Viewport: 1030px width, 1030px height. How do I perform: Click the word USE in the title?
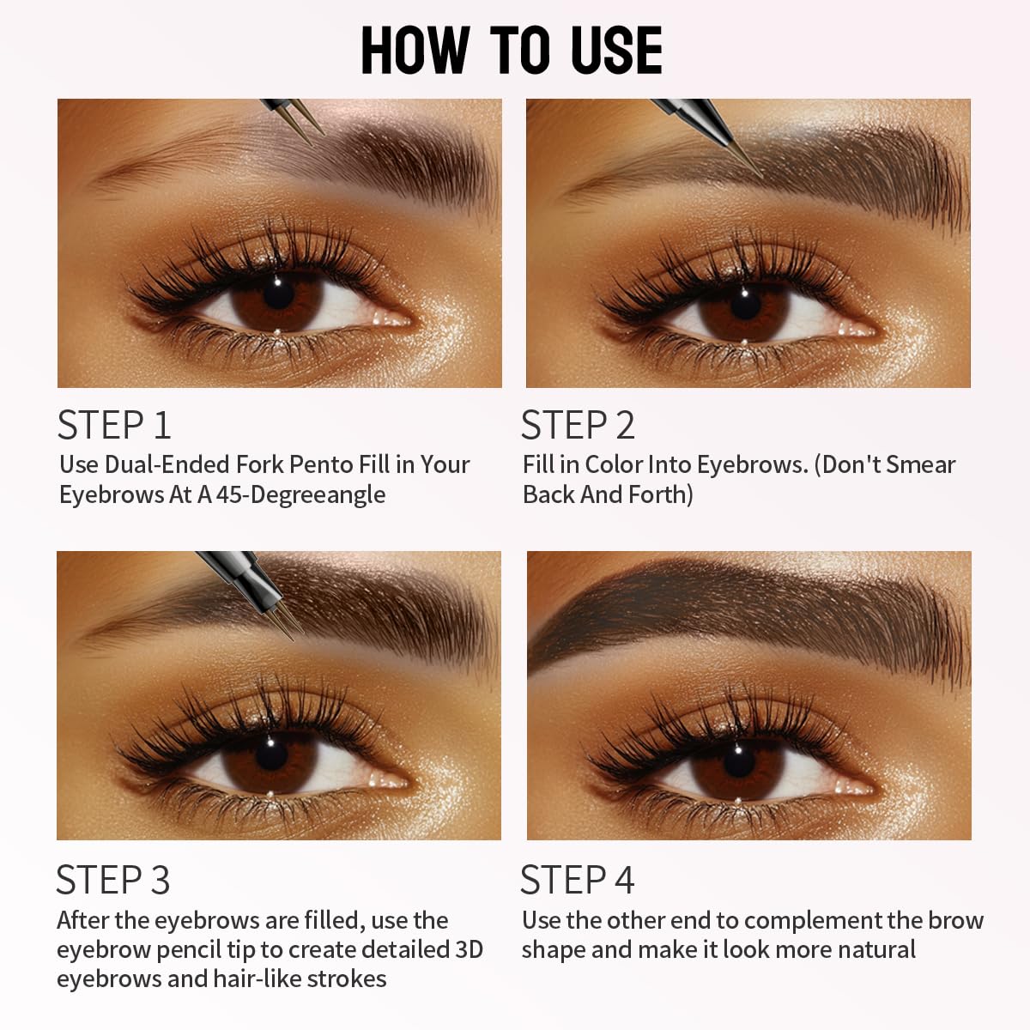point(615,51)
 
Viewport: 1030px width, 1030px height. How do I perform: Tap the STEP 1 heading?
point(114,426)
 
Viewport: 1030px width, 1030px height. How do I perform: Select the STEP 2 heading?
point(578,426)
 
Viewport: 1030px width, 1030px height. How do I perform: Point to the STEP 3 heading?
point(113,881)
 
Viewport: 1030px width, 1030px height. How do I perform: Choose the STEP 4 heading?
point(577,881)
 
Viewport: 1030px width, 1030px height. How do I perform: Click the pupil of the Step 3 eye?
point(271,754)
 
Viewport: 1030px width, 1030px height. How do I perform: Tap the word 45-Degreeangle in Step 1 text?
point(300,495)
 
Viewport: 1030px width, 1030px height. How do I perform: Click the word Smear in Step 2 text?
point(921,465)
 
